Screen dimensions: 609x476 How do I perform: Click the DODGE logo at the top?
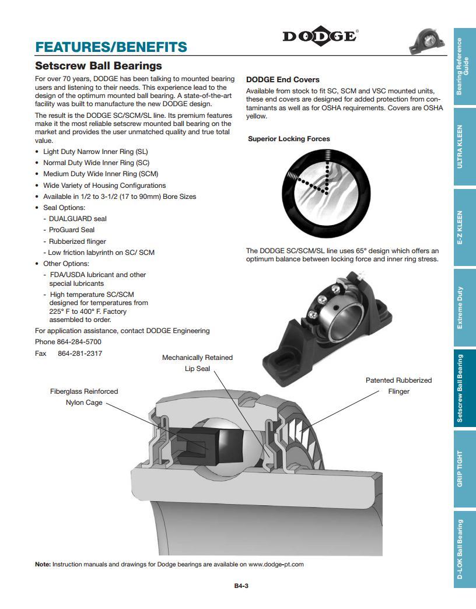click(x=320, y=36)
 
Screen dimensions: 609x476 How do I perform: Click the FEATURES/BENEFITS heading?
click(x=111, y=47)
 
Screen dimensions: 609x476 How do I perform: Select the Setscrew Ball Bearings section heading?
click(x=98, y=66)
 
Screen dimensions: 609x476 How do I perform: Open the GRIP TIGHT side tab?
click(x=464, y=468)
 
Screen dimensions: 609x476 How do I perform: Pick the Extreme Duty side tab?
click(x=464, y=307)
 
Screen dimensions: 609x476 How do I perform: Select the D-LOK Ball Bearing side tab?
click(x=464, y=548)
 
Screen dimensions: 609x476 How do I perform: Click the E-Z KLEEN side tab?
click(x=464, y=228)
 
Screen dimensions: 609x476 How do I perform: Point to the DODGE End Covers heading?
click(x=283, y=79)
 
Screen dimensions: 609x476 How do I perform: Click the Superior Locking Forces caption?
click(x=289, y=139)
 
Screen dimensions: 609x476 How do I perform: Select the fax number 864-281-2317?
click(x=80, y=353)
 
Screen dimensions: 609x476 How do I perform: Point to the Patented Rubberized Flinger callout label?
click(x=398, y=386)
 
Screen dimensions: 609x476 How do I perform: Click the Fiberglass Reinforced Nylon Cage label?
click(x=84, y=397)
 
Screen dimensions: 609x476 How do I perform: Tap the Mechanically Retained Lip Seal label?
click(x=197, y=363)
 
